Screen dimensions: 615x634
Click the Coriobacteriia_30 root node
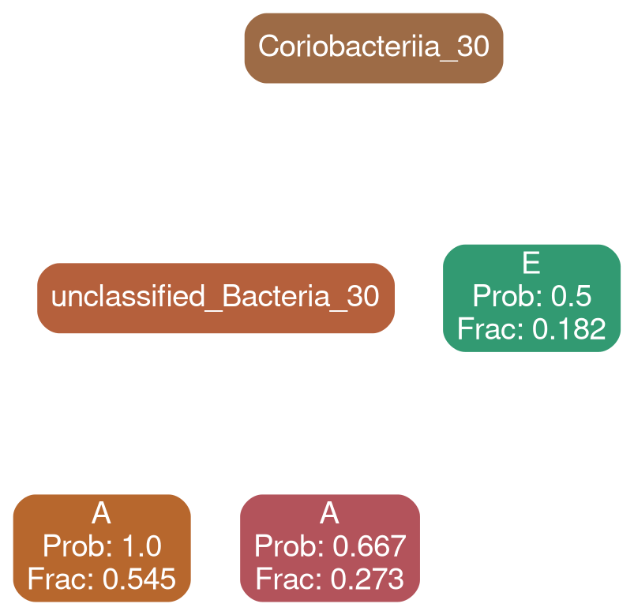point(373,47)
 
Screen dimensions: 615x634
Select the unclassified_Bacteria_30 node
point(215,298)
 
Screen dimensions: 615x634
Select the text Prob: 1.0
point(101,546)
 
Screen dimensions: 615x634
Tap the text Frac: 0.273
point(329,579)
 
